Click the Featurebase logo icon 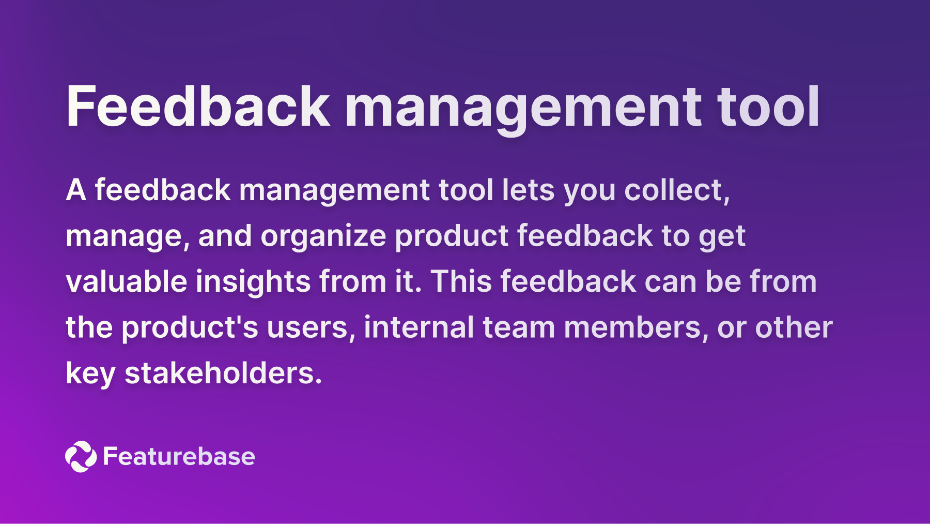click(x=81, y=456)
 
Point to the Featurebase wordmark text click(x=179, y=456)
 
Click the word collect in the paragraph click(x=676, y=190)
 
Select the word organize click(x=323, y=236)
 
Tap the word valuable click(x=126, y=281)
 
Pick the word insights click(x=253, y=281)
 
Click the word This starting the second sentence click(x=461, y=281)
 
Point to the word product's click(x=190, y=327)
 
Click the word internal click(x=419, y=327)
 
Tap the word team click(x=518, y=327)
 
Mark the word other click(x=794, y=327)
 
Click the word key click(x=90, y=373)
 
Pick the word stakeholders click(x=223, y=373)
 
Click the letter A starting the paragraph click(x=75, y=190)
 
